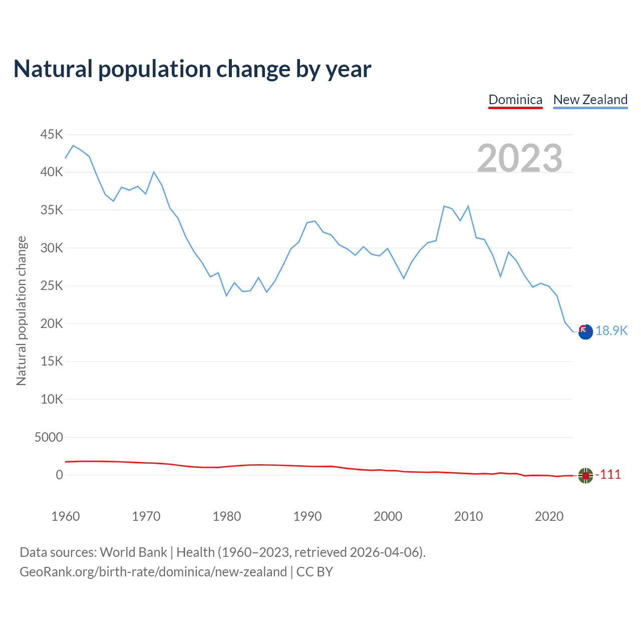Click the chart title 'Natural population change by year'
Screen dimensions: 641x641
(x=192, y=69)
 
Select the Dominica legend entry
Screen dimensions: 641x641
(x=515, y=100)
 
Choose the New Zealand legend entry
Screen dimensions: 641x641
(x=590, y=100)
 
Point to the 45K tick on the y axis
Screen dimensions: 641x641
(x=52, y=134)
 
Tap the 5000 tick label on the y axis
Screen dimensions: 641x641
(x=49, y=437)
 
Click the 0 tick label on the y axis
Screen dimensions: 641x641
(x=60, y=475)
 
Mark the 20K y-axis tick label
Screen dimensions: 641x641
(x=52, y=324)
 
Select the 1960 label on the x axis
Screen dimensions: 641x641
(x=66, y=516)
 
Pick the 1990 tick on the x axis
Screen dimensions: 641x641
(x=307, y=516)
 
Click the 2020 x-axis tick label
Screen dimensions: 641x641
(x=549, y=516)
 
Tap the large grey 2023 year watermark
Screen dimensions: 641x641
(x=520, y=158)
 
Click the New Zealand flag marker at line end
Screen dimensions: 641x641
(x=585, y=332)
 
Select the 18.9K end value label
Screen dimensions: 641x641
(x=611, y=331)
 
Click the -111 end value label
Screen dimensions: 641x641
(x=608, y=474)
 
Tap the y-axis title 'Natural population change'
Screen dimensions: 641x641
(x=21, y=310)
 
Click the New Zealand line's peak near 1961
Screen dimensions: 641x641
(x=73, y=146)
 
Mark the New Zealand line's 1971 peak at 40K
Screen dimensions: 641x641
(x=154, y=172)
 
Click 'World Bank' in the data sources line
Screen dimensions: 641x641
(x=133, y=552)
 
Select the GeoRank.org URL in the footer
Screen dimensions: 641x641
(x=153, y=572)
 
